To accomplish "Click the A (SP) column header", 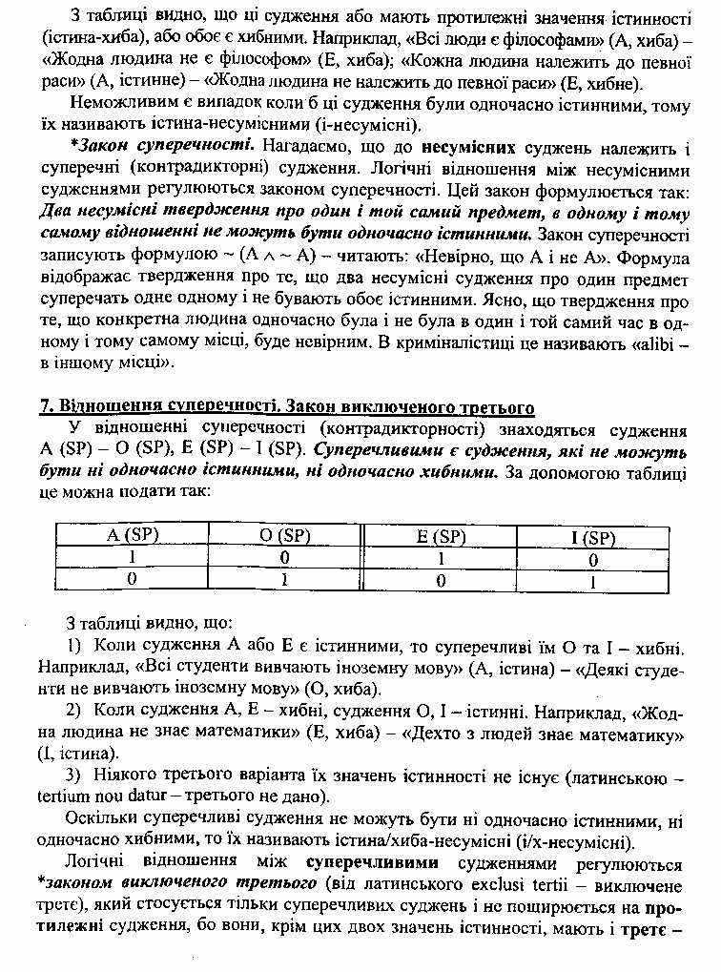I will [x=132, y=536].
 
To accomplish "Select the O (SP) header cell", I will [x=285, y=536].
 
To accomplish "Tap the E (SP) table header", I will [x=441, y=536].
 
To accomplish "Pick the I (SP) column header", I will [x=593, y=537].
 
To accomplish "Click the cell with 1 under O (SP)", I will [x=285, y=579].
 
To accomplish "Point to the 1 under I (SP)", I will [x=593, y=580].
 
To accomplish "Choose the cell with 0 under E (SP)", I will [x=441, y=579].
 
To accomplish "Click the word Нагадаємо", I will [x=304, y=149].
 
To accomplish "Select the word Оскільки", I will [x=101, y=819].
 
